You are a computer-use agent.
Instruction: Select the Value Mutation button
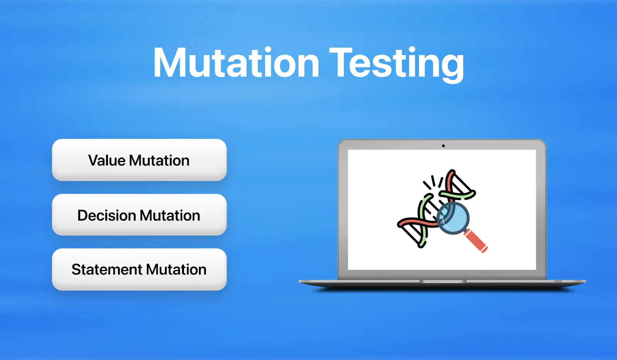tap(139, 160)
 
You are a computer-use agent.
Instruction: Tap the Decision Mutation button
tap(139, 215)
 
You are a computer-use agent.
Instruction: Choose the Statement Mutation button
tap(139, 269)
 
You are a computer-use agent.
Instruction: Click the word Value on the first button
tap(107, 161)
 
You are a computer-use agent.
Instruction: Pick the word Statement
tap(107, 269)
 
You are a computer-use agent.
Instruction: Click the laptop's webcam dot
tap(443, 146)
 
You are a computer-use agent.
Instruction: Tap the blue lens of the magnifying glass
tap(453, 218)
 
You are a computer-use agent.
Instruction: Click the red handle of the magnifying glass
tap(477, 241)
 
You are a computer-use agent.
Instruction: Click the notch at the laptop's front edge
tap(443, 282)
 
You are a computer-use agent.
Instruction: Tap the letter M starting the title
tap(170, 63)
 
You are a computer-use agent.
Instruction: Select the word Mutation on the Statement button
tap(176, 269)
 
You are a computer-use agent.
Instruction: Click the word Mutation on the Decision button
tap(170, 215)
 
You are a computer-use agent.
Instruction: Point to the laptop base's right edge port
tap(558, 281)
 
